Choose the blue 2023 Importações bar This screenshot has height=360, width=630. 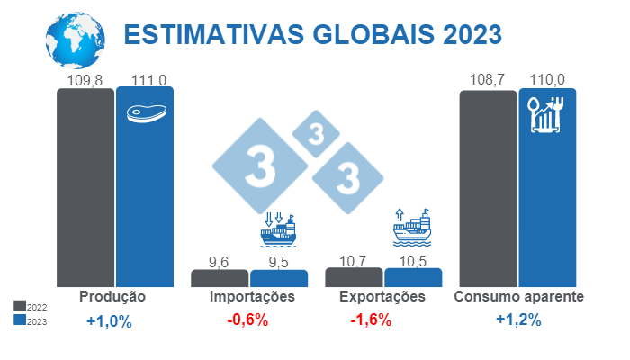(279, 278)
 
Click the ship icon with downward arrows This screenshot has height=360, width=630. (278, 230)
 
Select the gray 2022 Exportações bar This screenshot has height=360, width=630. (354, 277)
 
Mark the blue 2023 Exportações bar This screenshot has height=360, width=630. (413, 277)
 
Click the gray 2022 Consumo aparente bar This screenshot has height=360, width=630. (488, 189)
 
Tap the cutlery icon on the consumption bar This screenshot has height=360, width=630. (546, 114)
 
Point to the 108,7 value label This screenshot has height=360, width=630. (487, 80)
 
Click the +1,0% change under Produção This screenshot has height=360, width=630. (109, 321)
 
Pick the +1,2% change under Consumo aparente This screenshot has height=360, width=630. (517, 320)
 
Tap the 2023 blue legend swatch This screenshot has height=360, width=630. (20, 319)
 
